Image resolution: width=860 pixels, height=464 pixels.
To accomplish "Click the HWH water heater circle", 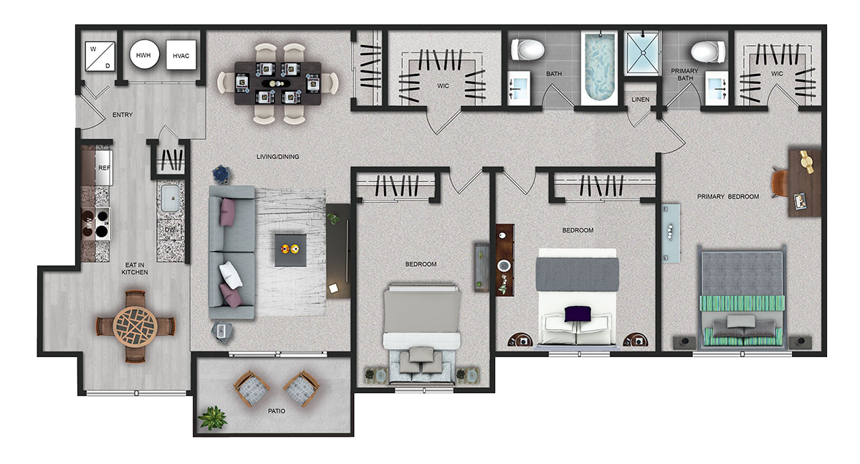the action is coord(144,55).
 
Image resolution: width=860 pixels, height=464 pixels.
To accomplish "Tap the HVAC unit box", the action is coord(181,55).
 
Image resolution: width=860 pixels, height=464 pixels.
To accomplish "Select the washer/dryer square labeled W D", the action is coord(100,57).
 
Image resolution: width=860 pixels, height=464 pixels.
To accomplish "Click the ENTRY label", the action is coord(123,115).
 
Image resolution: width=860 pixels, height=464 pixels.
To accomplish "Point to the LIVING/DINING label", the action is coord(277,157).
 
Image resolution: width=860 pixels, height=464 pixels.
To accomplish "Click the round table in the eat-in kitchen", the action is coord(135,326).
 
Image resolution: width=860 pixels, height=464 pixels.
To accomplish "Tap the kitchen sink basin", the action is coord(170,198).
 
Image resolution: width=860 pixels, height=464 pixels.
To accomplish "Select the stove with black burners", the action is coord(96,224).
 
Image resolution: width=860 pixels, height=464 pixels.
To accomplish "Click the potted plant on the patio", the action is coord(212,417).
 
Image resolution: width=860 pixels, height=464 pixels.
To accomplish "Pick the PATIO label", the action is coord(277,411).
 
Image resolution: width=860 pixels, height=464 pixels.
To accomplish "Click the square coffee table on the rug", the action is coord(291,250).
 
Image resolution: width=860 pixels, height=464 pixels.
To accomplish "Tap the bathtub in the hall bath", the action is coord(599,68).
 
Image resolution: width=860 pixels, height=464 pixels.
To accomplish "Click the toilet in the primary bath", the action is coord(708,52).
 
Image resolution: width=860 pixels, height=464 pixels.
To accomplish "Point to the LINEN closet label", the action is coord(641,100).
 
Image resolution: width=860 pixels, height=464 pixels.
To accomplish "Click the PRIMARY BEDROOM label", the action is coord(728,197).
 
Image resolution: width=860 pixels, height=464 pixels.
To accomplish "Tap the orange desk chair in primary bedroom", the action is coord(780,183).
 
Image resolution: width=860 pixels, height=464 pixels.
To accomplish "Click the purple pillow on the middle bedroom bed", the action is coord(578,314).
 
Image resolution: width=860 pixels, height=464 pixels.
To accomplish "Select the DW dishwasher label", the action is coord(170,229).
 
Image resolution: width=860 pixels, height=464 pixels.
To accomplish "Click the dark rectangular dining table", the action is coord(278,83).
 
